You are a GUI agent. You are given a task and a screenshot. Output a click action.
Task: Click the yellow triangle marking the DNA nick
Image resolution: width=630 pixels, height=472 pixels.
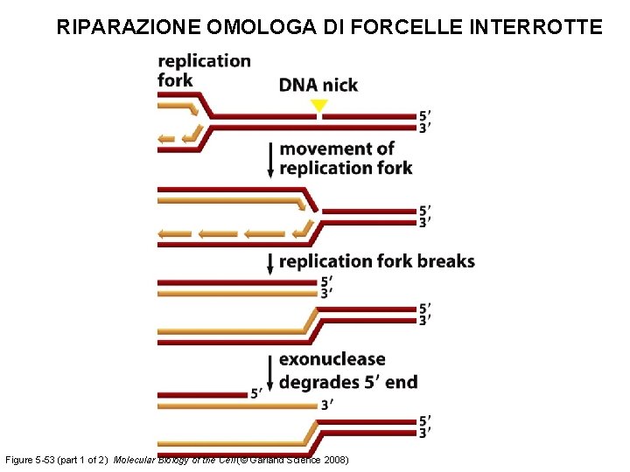[x=319, y=106]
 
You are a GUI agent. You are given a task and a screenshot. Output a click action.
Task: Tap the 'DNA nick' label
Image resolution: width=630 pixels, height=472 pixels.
[x=318, y=85]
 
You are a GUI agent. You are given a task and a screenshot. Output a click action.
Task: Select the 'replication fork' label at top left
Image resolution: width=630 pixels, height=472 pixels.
[x=203, y=70]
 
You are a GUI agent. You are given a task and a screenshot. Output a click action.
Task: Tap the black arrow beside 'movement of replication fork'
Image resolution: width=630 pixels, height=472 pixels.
[x=270, y=159]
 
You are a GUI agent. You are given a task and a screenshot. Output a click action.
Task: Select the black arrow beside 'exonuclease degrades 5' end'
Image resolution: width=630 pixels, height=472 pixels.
[x=270, y=372]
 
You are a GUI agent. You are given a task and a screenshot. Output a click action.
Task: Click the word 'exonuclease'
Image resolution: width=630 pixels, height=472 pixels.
[x=332, y=359]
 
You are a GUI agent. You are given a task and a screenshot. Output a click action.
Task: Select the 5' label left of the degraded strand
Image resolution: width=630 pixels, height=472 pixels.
[x=256, y=393]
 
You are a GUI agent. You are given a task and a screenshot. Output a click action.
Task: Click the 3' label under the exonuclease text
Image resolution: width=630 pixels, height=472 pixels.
[x=326, y=405]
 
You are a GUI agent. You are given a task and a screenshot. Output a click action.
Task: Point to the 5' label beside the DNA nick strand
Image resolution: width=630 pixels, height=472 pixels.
[x=424, y=115]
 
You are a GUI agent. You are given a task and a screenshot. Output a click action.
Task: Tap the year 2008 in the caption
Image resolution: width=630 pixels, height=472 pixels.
[x=336, y=460]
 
